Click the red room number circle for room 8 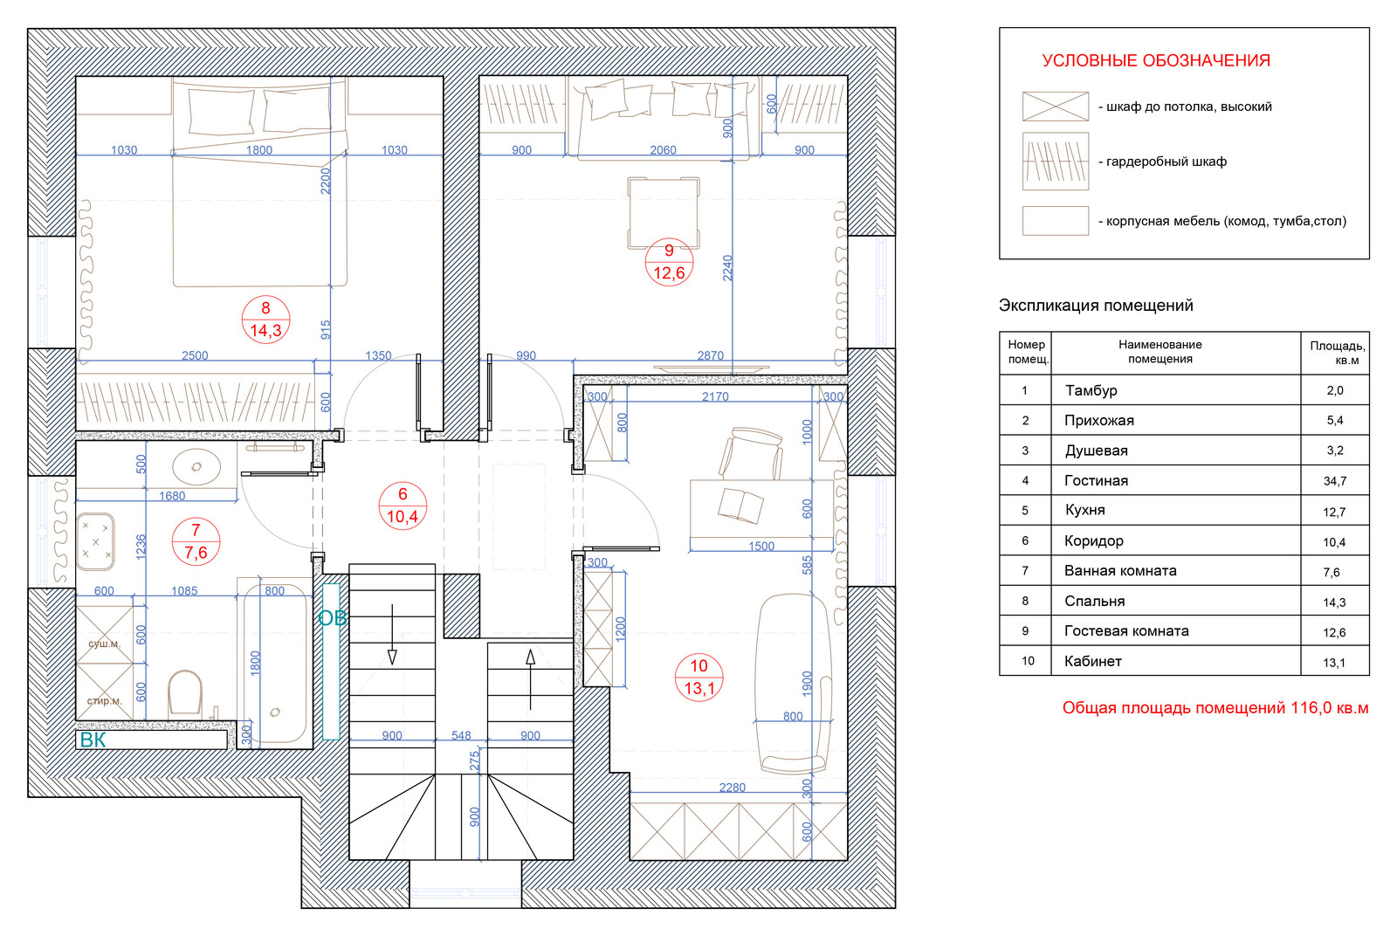click(265, 320)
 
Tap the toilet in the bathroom click(185, 692)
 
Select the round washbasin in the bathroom click(196, 466)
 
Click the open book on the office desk click(740, 505)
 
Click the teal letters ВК click(93, 740)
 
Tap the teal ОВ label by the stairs click(332, 618)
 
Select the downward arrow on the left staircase click(392, 634)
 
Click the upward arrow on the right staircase click(531, 679)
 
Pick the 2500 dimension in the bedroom click(195, 355)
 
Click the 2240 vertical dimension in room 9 click(727, 268)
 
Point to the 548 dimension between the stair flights click(461, 736)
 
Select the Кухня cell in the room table click(1084, 510)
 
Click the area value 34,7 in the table click(1335, 481)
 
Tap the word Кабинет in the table click(1092, 662)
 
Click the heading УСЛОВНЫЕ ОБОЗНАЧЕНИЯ click(1156, 60)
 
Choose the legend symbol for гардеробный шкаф click(1056, 162)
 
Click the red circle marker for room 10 click(698, 678)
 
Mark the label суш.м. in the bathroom click(104, 644)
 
